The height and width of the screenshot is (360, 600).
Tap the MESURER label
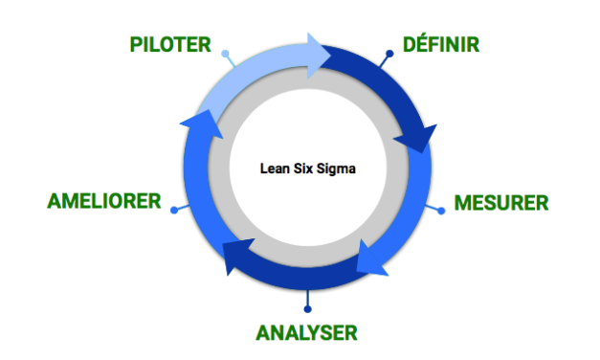pyautogui.click(x=501, y=203)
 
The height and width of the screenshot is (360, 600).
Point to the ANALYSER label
pyautogui.click(x=306, y=333)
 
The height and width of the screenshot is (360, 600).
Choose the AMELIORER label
pyautogui.click(x=104, y=203)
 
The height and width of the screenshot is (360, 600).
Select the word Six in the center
pyautogui.click(x=304, y=167)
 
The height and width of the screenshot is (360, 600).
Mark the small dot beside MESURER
pyautogui.click(x=441, y=210)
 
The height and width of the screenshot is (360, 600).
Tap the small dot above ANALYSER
pyautogui.click(x=306, y=308)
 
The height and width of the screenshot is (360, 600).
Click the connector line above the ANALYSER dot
pyautogui.click(x=306, y=298)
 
